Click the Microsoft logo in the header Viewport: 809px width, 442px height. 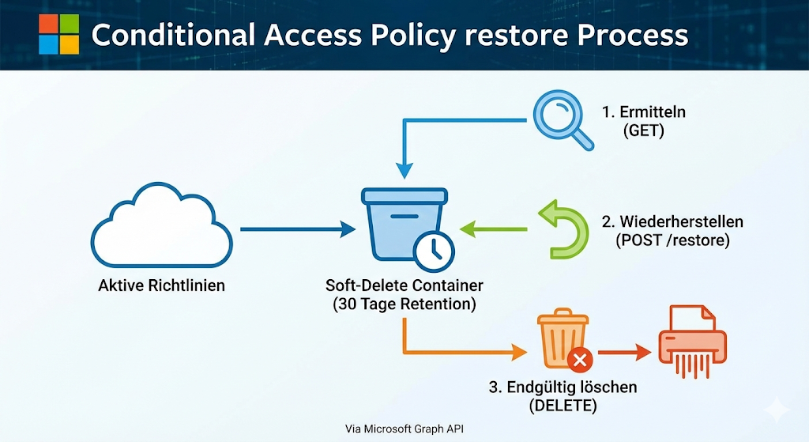pos(59,34)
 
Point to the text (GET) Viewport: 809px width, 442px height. pos(644,131)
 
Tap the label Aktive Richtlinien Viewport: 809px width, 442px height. pos(161,285)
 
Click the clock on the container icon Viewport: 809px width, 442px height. pos(433,251)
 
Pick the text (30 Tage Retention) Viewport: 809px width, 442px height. pos(404,304)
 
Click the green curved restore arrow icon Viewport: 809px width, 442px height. pos(564,230)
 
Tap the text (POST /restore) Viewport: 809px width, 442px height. pos(673,240)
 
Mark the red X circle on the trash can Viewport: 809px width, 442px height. pos(581,361)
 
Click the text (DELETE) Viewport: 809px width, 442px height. pos(563,406)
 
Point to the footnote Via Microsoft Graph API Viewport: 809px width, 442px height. pos(404,429)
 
